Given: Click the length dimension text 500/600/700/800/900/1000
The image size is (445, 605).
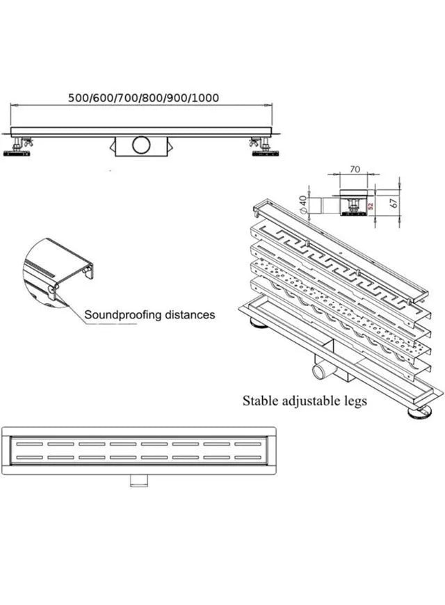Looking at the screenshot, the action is [x=143, y=97].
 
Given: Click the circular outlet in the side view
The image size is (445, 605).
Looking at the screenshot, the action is [x=141, y=145].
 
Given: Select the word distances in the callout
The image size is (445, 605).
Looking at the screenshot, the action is [x=190, y=314].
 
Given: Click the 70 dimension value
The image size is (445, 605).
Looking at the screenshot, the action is [x=355, y=169].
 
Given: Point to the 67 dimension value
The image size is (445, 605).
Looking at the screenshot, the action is [x=394, y=202].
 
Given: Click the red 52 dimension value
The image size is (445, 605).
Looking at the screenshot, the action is [x=371, y=206].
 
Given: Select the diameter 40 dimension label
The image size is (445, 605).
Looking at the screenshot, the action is [x=303, y=204].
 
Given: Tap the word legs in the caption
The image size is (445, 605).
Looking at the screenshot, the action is [x=355, y=402].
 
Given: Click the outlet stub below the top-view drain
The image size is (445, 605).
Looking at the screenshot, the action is [x=139, y=481].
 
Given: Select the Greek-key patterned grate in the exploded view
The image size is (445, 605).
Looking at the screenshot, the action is [x=339, y=271].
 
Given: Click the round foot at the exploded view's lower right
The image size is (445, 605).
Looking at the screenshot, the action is [x=419, y=412].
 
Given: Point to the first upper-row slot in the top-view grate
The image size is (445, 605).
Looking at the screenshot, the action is [x=30, y=444].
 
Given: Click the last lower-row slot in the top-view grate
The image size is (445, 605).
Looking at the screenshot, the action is [x=248, y=458].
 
